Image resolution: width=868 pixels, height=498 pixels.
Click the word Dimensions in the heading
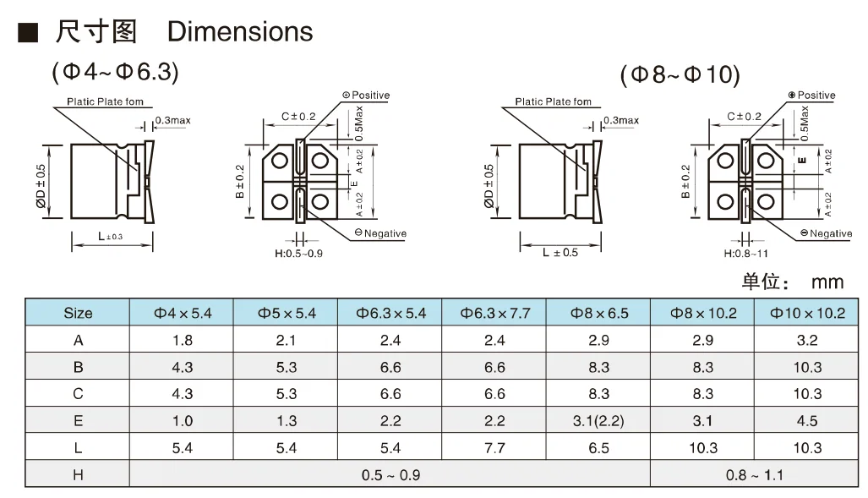[x=240, y=31]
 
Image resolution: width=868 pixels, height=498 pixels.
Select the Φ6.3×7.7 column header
[x=494, y=313]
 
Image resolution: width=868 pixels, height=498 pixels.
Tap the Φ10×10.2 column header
[x=807, y=313]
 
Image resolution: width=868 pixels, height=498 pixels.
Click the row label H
[x=78, y=474]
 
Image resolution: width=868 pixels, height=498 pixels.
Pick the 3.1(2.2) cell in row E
[x=598, y=421]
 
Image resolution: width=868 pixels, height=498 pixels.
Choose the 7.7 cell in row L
[x=494, y=447]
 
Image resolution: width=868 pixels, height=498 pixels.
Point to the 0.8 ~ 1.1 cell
[x=755, y=474]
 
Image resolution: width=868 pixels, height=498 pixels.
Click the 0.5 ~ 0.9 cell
[x=390, y=474]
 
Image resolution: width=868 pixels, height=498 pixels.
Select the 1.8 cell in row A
[x=182, y=340]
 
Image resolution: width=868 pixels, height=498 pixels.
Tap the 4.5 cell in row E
[x=807, y=421]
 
